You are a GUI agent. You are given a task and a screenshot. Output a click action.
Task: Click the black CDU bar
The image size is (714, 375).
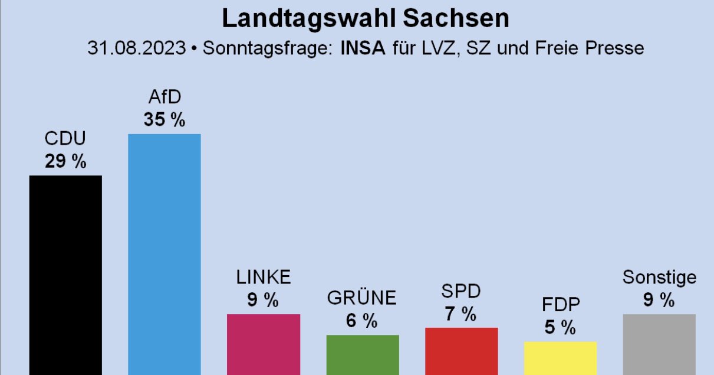click(65, 275)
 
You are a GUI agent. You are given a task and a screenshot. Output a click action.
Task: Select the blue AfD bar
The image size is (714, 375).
click(164, 255)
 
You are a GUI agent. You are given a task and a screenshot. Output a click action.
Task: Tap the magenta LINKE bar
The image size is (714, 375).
click(264, 345)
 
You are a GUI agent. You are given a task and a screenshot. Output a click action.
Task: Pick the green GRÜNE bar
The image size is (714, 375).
click(363, 355)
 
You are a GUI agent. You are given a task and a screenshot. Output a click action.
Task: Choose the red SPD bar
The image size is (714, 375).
click(462, 351)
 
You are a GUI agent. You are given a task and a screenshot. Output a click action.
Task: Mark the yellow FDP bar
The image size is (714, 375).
click(560, 358)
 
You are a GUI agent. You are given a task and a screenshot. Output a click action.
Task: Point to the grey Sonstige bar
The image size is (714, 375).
click(660, 345)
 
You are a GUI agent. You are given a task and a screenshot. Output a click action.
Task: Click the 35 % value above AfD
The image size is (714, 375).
click(164, 120)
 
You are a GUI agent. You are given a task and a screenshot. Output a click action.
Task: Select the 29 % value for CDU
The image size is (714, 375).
click(65, 161)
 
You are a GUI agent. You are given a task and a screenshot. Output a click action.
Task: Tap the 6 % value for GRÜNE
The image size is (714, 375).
click(362, 321)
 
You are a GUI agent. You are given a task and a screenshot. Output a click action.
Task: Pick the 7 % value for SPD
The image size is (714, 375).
click(460, 314)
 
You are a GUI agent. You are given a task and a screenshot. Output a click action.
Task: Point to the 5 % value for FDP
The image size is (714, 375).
click(560, 327)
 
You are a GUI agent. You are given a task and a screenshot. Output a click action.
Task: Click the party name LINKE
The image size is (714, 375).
click(264, 277)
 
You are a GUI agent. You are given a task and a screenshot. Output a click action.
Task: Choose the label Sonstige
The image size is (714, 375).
click(660, 278)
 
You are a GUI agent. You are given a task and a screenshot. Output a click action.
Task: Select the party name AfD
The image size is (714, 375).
click(164, 97)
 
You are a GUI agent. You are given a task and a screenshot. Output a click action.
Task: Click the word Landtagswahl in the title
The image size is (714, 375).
click(309, 19)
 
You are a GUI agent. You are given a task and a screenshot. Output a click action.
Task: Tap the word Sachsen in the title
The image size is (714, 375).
click(456, 18)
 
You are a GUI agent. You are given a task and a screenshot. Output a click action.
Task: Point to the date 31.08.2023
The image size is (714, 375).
click(137, 48)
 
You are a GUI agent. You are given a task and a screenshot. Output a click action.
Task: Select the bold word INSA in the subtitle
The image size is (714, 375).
click(363, 48)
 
